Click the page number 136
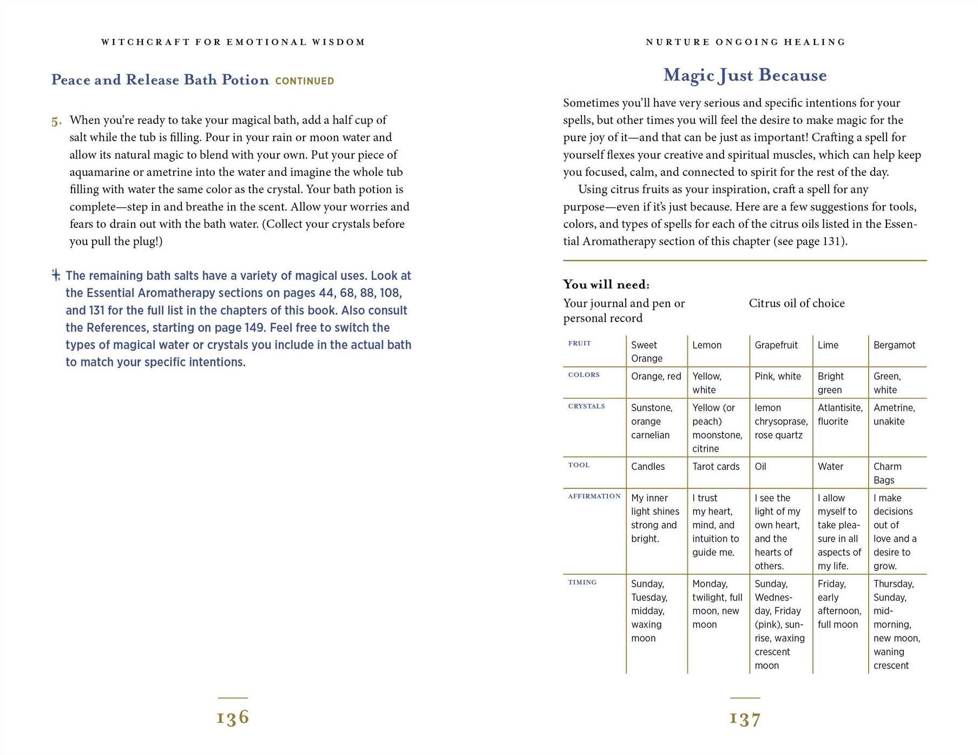click(x=233, y=718)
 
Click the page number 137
click(x=745, y=719)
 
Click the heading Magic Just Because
click(x=745, y=75)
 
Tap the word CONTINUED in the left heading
click(x=305, y=81)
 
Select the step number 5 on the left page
click(x=56, y=121)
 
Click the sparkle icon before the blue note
click(x=56, y=275)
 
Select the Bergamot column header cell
click(x=894, y=345)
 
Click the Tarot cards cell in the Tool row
click(x=716, y=467)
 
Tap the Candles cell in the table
click(x=647, y=467)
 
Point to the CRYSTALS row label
click(x=586, y=406)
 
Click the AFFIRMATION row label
click(x=594, y=496)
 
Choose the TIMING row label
click(x=582, y=582)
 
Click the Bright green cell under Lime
click(x=830, y=383)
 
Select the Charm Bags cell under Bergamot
click(x=887, y=473)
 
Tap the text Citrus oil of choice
click(x=796, y=304)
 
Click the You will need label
click(x=606, y=285)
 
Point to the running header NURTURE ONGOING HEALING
click(x=745, y=42)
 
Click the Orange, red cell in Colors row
click(x=655, y=376)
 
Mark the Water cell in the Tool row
click(x=830, y=467)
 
